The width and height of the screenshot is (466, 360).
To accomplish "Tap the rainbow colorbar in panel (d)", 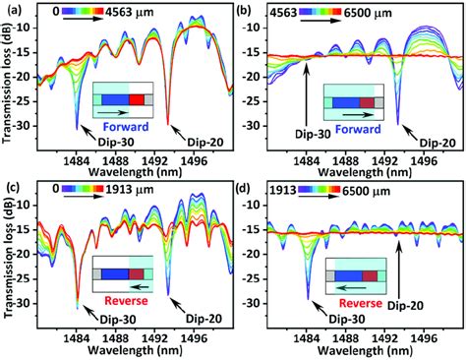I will pos(331,192).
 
